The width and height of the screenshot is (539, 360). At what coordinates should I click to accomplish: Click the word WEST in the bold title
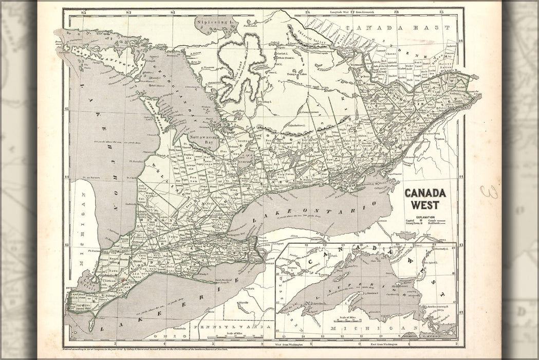tap(425, 205)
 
